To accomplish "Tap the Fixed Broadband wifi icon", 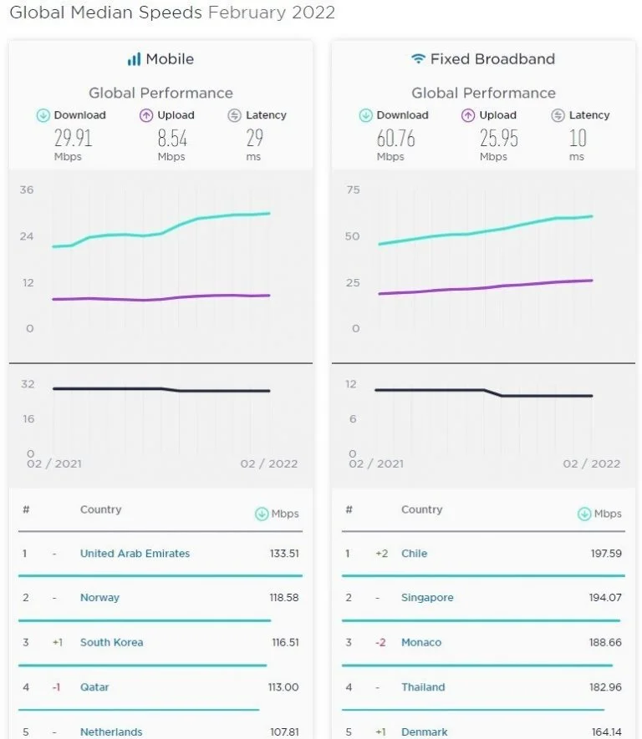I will point(418,59).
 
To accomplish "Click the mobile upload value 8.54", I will point(171,138).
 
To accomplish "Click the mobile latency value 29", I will point(254,138).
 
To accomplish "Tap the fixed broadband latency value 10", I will point(577,138).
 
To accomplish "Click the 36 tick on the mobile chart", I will point(27,190).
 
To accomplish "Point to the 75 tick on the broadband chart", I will point(353,190).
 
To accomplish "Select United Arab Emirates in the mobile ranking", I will point(135,554).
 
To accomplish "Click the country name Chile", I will point(414,554).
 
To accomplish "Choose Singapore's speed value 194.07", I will point(604,598).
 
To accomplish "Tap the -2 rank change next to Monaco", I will point(380,643).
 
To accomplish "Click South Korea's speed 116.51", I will point(283,643).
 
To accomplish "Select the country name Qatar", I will point(94,687).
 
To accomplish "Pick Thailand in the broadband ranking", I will point(423,687).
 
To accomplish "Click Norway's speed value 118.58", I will point(283,598).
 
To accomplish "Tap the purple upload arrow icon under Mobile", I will point(146,116).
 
